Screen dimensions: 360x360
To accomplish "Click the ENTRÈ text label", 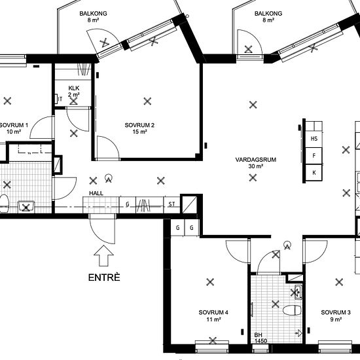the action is (104, 278).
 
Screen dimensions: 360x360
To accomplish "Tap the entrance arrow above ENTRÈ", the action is (103, 256).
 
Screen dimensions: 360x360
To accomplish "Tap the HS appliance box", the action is (314, 139).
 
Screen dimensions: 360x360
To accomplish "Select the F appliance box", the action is (314, 156).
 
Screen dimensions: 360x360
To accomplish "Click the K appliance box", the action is (314, 173).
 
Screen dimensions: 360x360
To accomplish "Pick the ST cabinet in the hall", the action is (171, 204).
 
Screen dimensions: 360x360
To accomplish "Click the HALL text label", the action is (96, 193).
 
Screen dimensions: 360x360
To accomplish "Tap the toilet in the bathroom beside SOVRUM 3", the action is (291, 310).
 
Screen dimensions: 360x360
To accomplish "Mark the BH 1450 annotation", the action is (261, 338).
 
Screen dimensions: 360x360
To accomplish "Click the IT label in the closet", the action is (60, 99).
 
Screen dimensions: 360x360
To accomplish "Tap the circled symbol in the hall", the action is (109, 179).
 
